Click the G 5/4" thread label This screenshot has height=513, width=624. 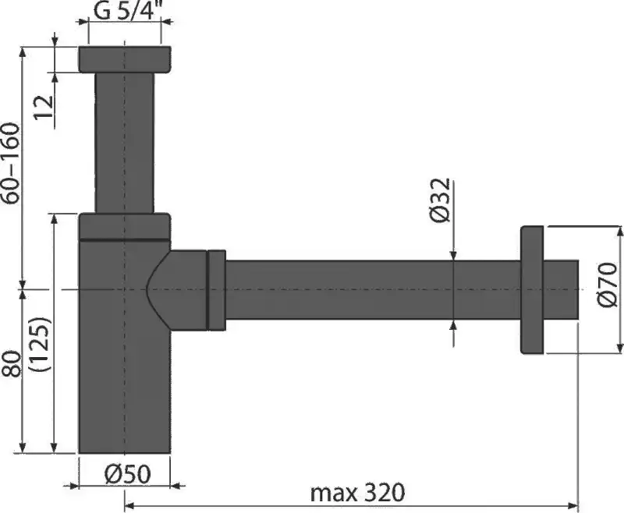[x=125, y=12]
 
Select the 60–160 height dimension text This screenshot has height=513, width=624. [x=12, y=165]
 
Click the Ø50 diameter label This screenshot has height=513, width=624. [x=125, y=472]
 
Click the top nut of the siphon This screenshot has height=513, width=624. [x=125, y=60]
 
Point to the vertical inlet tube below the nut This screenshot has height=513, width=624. [x=125, y=140]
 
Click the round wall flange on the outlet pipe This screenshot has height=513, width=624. [x=533, y=289]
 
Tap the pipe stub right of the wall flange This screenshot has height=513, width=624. [x=562, y=289]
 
